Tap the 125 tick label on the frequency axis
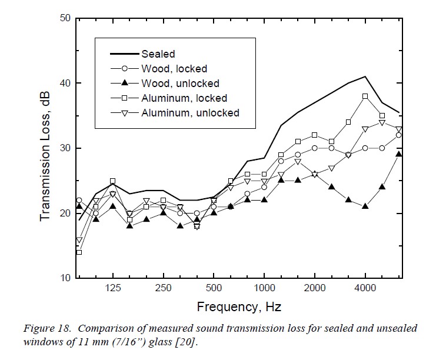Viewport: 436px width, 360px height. click(x=113, y=288)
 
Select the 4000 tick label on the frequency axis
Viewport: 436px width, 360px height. click(x=365, y=288)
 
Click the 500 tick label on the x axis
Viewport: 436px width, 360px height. click(x=214, y=288)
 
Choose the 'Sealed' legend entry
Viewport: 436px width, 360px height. click(x=158, y=55)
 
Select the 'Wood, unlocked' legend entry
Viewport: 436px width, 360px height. click(x=180, y=84)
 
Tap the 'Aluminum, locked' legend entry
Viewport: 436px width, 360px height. click(x=184, y=98)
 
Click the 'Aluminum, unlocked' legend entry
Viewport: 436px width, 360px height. click(x=190, y=112)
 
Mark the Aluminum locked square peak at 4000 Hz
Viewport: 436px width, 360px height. click(x=365, y=96)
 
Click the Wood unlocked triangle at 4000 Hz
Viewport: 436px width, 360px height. click(x=365, y=206)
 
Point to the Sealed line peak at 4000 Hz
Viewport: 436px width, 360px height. click(x=365, y=76)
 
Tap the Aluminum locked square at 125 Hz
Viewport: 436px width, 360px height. click(x=113, y=181)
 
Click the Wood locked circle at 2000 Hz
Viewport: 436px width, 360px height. click(x=315, y=148)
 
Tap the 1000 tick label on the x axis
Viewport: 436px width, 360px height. click(x=264, y=288)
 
